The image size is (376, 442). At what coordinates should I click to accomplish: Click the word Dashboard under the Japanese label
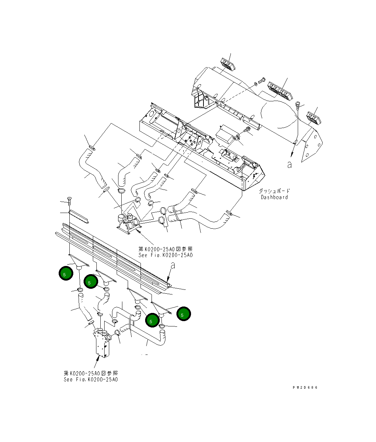pos(274,197)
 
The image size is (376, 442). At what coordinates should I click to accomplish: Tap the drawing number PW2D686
pos(305,388)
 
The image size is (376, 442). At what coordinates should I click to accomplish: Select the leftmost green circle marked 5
pos(66,273)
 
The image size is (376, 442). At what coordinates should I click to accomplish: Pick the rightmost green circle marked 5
pos(184,314)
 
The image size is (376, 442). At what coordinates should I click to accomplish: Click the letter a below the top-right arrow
pos(290,165)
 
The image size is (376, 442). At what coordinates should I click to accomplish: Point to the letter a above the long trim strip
pos(173,265)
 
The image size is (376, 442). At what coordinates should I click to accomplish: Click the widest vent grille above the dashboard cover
pos(280,90)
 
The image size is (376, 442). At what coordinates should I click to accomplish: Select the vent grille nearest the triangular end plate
pos(314,118)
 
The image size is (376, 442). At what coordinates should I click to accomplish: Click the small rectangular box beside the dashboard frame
pos(226,134)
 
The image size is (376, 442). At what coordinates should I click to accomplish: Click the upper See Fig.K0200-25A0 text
pos(165,255)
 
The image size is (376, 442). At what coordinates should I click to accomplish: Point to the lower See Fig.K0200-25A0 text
pos(91,379)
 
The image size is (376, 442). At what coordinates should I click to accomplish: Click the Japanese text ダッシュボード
pos(274,191)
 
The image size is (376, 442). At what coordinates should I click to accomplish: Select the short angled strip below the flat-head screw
pos(78,215)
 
